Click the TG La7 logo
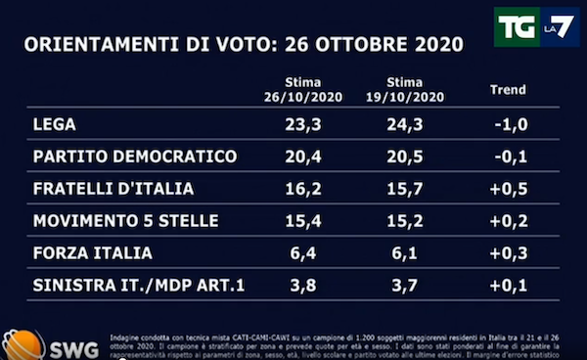(536, 28)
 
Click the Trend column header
(507, 90)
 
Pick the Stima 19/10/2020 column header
(402, 91)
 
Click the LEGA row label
(55, 125)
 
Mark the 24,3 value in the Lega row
(402, 125)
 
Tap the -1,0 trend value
(507, 125)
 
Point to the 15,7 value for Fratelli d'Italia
(402, 189)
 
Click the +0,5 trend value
(507, 189)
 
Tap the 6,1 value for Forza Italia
(402, 252)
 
